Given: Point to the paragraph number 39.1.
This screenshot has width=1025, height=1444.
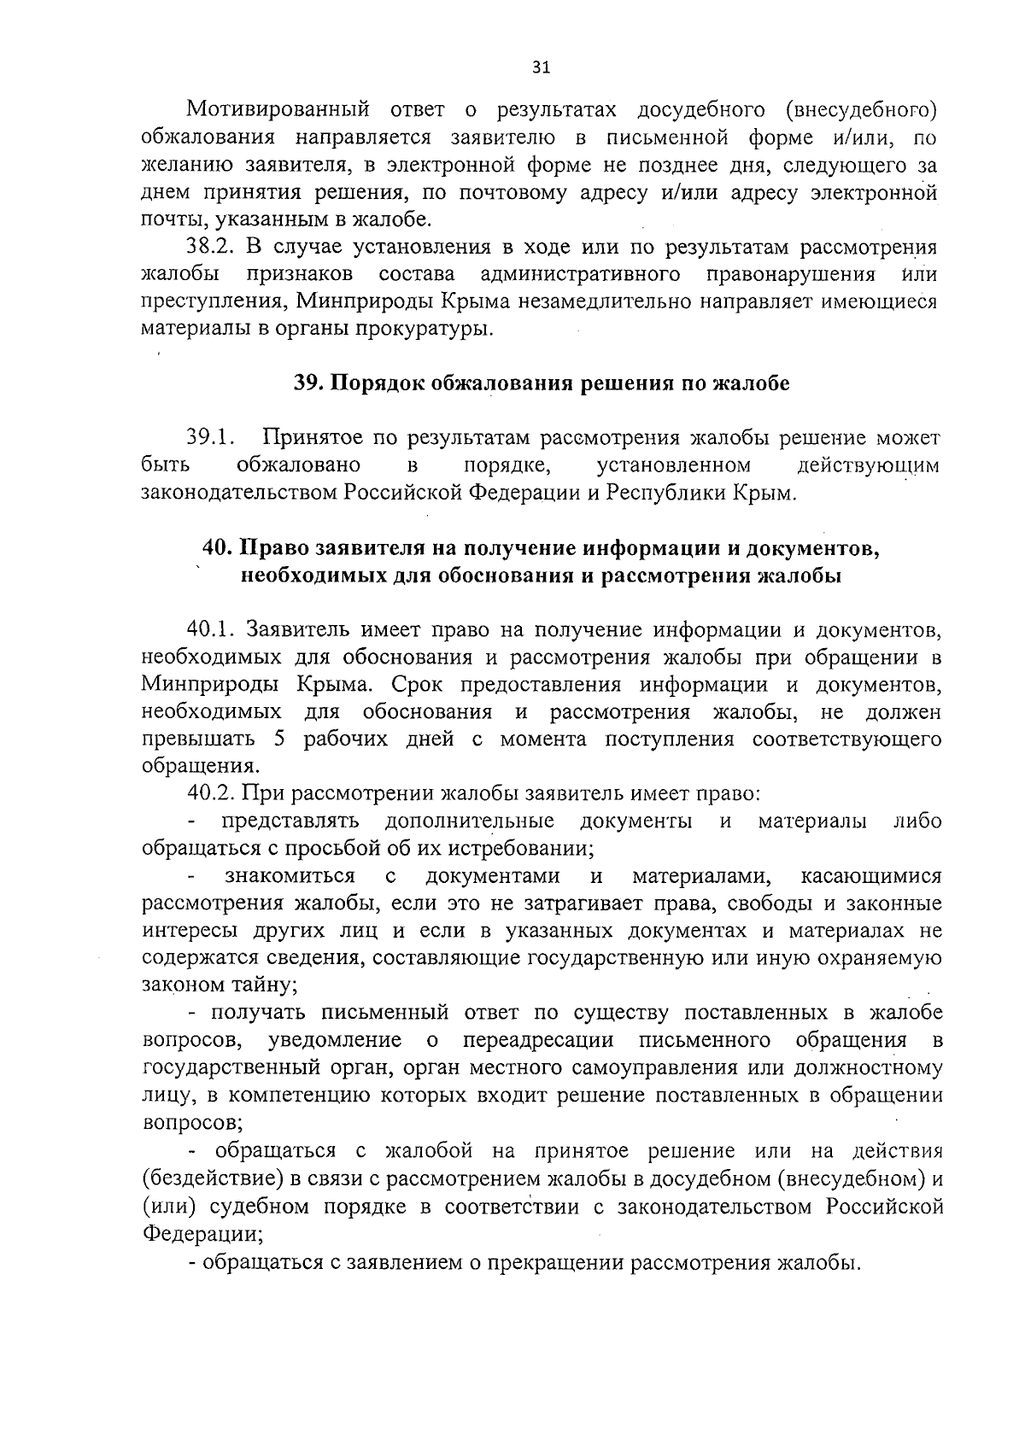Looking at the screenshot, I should (x=211, y=439).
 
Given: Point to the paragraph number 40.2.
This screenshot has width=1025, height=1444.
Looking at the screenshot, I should (x=211, y=794).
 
